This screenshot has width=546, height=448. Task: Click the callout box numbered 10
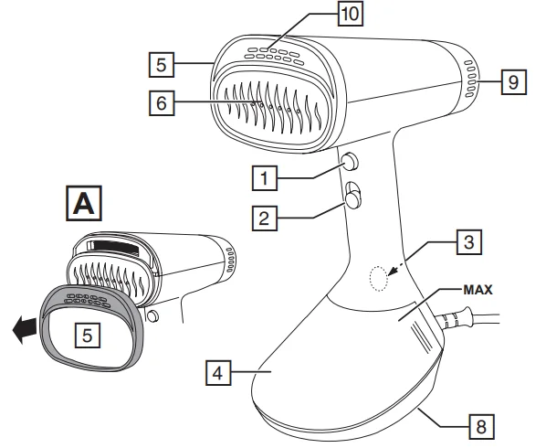351,14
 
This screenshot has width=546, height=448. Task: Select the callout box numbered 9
514,82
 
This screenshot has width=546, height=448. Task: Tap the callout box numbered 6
162,102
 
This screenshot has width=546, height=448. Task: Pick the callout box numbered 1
265,178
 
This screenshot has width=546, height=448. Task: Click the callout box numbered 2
265,219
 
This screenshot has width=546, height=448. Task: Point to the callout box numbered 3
469,242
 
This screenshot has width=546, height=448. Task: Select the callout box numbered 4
218,373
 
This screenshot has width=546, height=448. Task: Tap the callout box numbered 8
481,427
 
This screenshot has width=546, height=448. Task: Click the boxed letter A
84,203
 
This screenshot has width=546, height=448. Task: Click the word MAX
478,290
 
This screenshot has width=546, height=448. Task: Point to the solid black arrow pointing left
25,330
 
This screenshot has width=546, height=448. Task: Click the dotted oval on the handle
379,278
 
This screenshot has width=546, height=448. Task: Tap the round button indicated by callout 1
350,162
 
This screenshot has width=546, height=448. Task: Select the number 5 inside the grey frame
88,336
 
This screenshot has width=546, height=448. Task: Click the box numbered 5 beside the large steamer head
162,65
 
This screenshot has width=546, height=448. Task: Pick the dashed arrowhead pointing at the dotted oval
392,272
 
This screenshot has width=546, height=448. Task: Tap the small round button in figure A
152,315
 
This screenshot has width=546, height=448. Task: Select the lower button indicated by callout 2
352,199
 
